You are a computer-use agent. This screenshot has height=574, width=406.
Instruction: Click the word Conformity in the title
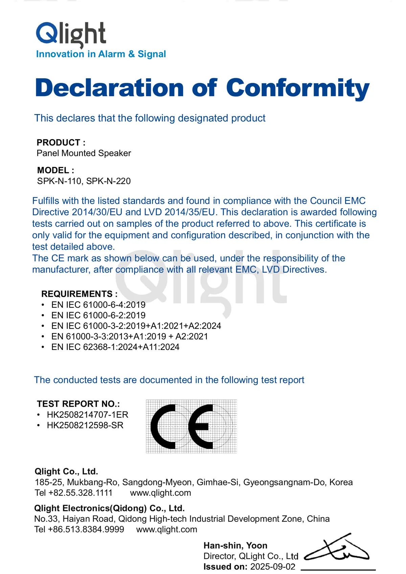tap(297, 88)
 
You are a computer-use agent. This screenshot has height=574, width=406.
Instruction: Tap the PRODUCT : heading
tap(61, 142)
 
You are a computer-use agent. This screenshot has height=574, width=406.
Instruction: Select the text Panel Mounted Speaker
tap(84, 153)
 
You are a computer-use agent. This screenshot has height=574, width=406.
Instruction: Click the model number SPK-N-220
tap(108, 181)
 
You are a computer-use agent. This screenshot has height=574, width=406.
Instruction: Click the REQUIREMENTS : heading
tap(79, 294)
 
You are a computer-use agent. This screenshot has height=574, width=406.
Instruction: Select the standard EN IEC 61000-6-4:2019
tap(98, 305)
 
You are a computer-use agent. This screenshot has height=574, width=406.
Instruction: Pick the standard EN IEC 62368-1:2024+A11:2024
tap(115, 347)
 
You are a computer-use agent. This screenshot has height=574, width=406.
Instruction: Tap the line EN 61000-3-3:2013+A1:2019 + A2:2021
tap(129, 336)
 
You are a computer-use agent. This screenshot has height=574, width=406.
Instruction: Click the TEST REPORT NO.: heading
tap(78, 404)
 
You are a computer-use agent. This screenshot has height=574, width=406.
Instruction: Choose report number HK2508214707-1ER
tap(87, 415)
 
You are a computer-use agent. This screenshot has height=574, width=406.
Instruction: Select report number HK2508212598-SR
tap(85, 425)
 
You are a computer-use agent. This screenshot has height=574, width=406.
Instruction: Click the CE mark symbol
tap(191, 426)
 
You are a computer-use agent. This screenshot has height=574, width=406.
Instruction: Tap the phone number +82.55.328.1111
tap(80, 493)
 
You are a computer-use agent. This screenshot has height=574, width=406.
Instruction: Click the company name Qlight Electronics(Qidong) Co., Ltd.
tap(109, 508)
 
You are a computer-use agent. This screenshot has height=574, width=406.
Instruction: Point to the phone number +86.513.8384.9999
tap(86, 529)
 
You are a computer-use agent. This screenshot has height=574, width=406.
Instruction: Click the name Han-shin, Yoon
tap(235, 546)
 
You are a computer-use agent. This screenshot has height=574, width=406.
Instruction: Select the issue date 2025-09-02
tap(273, 567)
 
